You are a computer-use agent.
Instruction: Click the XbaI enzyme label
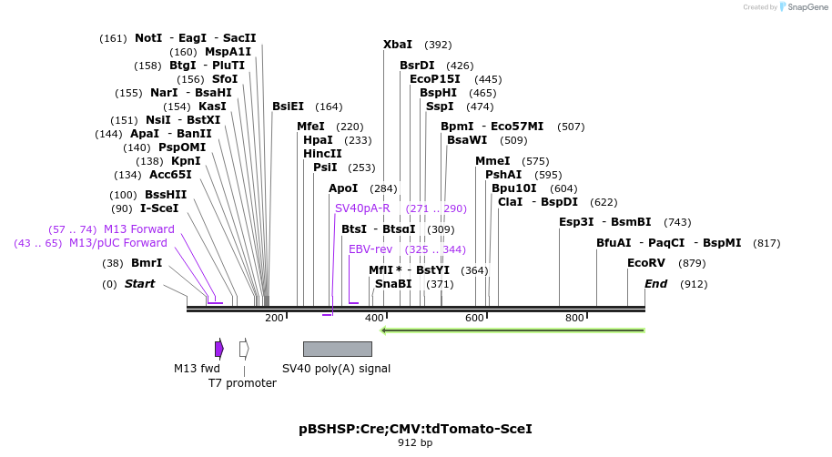[398, 45]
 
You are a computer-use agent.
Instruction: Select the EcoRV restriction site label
[646, 263]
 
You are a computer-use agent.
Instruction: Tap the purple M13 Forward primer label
[138, 229]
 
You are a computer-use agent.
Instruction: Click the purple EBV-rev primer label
[370, 249]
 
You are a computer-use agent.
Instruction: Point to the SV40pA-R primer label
[362, 208]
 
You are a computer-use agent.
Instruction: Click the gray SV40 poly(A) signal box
[337, 349]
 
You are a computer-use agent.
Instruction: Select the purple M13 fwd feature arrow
[219, 349]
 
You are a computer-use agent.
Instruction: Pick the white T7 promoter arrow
[244, 349]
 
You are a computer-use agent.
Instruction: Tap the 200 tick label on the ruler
[274, 318]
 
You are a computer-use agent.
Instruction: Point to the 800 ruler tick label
[574, 318]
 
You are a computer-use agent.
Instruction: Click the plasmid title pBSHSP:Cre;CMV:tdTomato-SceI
[415, 429]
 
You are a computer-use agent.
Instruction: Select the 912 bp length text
[415, 443]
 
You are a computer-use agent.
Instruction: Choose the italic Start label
[139, 284]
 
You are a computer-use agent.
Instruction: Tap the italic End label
[655, 284]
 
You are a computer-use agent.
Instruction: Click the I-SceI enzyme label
[159, 208]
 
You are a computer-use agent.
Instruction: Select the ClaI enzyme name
[510, 202]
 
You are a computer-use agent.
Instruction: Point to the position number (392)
[438, 45]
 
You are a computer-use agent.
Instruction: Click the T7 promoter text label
[242, 383]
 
